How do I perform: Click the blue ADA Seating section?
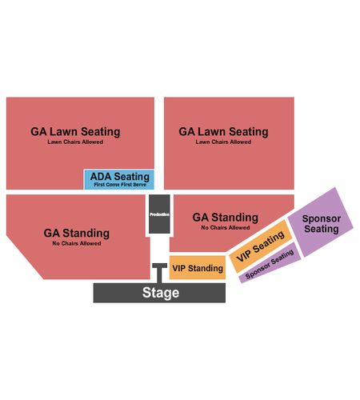[119, 179]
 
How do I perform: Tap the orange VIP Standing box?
[198, 268]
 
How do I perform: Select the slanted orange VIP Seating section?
[261, 246]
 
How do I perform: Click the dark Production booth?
[159, 214]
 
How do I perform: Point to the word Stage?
[161, 293]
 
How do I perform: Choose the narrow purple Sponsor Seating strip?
[270, 263]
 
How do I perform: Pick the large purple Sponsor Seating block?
[321, 222]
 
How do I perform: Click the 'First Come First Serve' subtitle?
[120, 185]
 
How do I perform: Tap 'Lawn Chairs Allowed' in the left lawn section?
[75, 142]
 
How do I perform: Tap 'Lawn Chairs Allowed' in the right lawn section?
[223, 142]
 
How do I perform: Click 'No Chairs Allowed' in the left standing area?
[77, 243]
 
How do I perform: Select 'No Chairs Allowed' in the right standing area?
[226, 228]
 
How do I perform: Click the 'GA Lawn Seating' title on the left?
[75, 132]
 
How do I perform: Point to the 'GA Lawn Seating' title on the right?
[223, 132]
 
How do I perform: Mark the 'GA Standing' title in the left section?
[77, 234]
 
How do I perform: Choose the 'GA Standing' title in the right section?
[226, 218]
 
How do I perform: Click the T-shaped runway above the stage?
[160, 272]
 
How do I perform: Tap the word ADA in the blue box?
[101, 177]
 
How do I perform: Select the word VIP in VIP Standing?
[179, 268]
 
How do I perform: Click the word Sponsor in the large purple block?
[322, 219]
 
